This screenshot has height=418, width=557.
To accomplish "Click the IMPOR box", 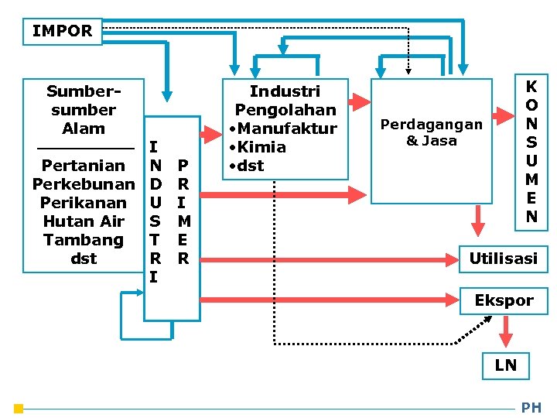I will (62, 32).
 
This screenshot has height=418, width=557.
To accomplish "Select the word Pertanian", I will (83, 166).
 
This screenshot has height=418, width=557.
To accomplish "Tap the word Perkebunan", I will (83, 184).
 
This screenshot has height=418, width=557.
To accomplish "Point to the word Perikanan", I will (83, 203).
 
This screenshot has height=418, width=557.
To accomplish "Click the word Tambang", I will (83, 240).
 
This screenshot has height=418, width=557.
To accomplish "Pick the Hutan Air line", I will (83, 221).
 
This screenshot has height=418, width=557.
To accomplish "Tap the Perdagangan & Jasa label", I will (432, 132).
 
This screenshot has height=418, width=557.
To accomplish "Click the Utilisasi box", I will (503, 259).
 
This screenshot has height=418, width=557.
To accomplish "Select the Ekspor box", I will (504, 300).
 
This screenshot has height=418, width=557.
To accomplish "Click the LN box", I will (505, 365).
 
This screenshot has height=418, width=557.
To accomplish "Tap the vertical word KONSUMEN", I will (531, 151).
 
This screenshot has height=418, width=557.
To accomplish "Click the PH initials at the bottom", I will (531, 408).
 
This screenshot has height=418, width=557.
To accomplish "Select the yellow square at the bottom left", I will (19, 408).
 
